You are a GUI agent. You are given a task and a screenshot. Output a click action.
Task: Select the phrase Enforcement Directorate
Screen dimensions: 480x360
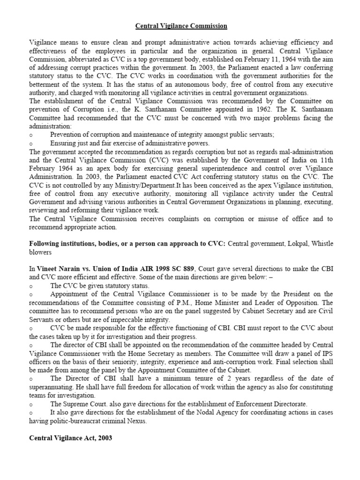click(x=265, y=404)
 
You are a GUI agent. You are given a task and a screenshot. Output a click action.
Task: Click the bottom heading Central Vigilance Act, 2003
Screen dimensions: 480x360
click(x=71, y=438)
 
